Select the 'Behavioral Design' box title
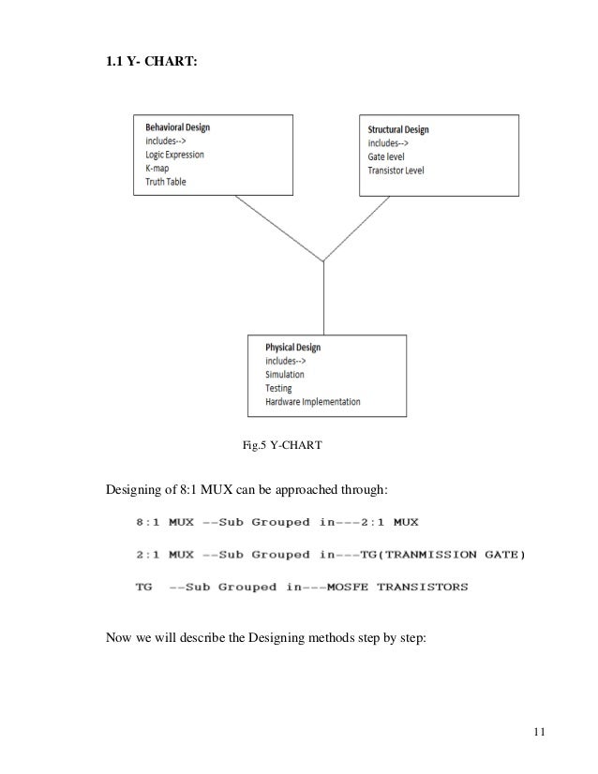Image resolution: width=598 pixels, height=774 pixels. click(x=183, y=126)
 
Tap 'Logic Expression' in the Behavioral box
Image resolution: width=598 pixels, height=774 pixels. click(x=187, y=154)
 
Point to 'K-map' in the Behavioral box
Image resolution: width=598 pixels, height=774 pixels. click(x=160, y=168)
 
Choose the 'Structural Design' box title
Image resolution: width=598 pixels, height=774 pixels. click(x=405, y=129)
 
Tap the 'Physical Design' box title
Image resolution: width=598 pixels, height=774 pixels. click(x=293, y=347)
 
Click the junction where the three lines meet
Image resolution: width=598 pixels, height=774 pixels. click(x=323, y=260)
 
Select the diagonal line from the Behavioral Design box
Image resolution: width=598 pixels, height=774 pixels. click(x=279, y=228)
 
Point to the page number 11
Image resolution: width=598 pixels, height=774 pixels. click(x=536, y=734)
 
